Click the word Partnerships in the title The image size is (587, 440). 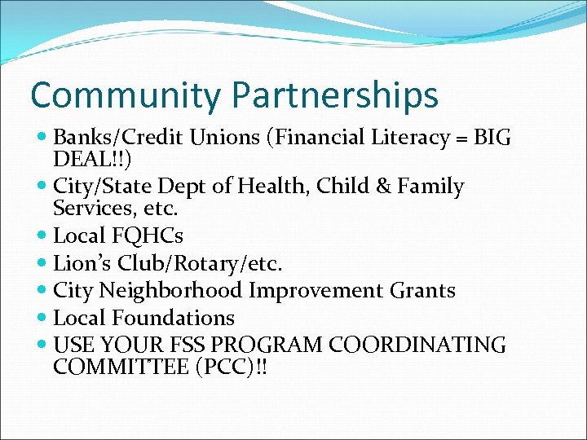(x=335, y=96)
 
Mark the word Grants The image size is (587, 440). (x=426, y=291)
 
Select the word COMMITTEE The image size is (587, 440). (x=121, y=367)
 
